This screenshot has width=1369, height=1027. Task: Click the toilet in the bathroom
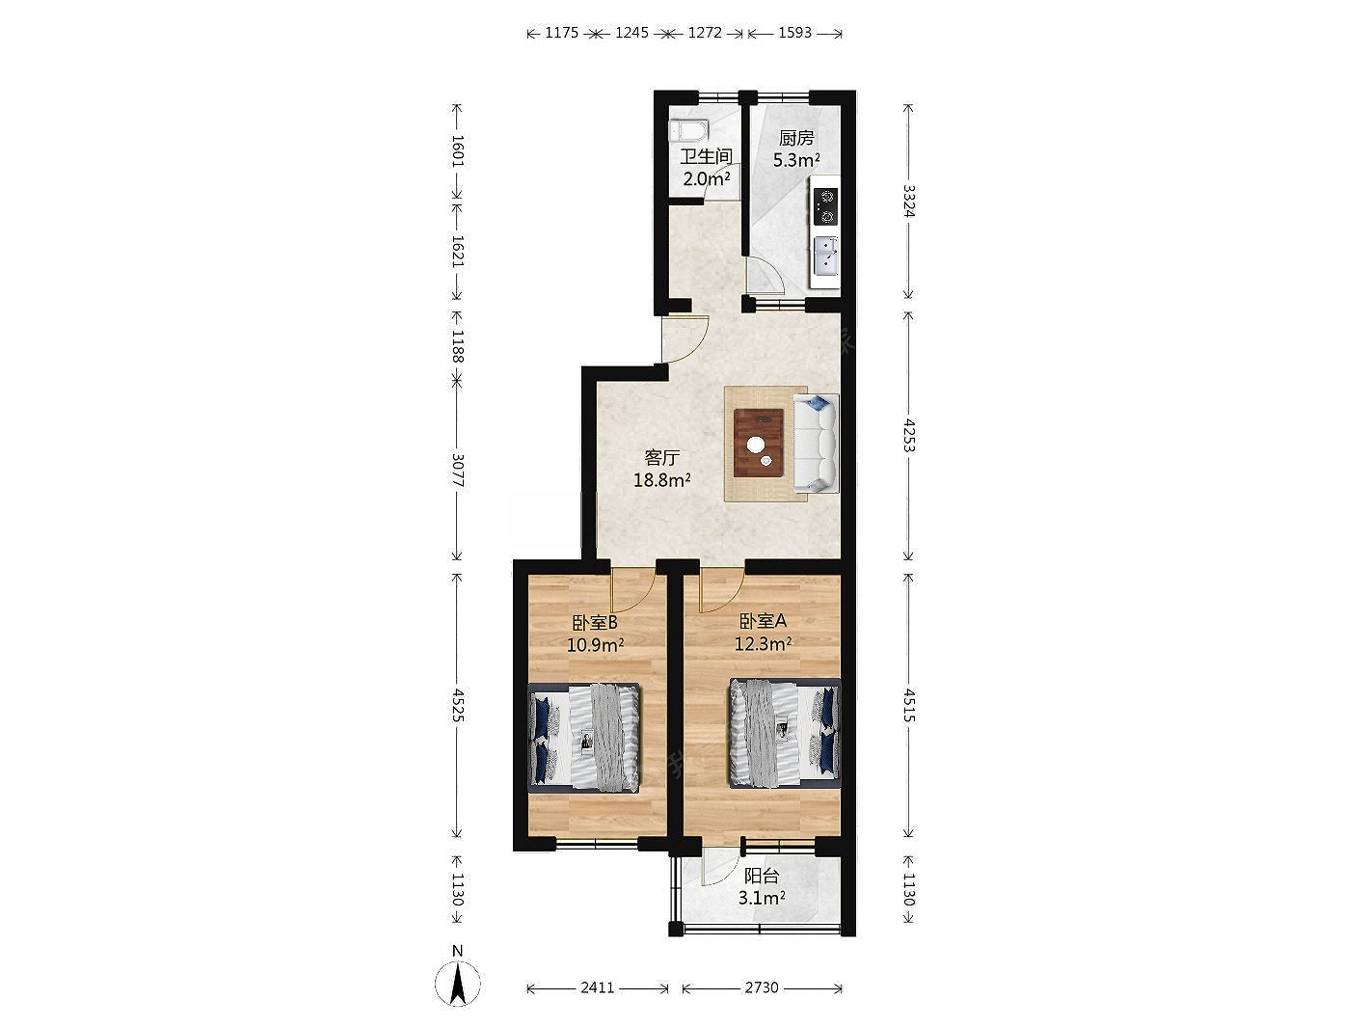pyautogui.click(x=688, y=131)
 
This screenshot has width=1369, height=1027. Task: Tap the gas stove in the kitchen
pyautogui.click(x=826, y=206)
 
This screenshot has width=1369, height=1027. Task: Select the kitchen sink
pyautogui.click(x=826, y=255)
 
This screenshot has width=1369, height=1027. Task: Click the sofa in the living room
pyautogui.click(x=816, y=443)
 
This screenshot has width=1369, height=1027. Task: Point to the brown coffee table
pyautogui.click(x=759, y=443)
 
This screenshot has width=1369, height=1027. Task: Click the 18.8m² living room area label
pyautogui.click(x=661, y=480)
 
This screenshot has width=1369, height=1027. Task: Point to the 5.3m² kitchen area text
pyautogui.click(x=796, y=160)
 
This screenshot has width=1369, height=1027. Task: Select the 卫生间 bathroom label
pyautogui.click(x=706, y=156)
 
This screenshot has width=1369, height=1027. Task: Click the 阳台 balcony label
pyautogui.click(x=762, y=877)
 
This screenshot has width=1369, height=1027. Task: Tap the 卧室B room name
pyautogui.click(x=595, y=622)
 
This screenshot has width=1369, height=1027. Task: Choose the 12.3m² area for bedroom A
pyautogui.click(x=763, y=643)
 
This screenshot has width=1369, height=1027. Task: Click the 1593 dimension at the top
pyautogui.click(x=794, y=33)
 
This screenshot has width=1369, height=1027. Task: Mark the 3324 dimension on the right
pyautogui.click(x=909, y=201)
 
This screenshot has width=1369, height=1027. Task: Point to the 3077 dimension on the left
pyautogui.click(x=457, y=471)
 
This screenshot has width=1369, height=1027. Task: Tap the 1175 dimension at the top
pyautogui.click(x=562, y=33)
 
